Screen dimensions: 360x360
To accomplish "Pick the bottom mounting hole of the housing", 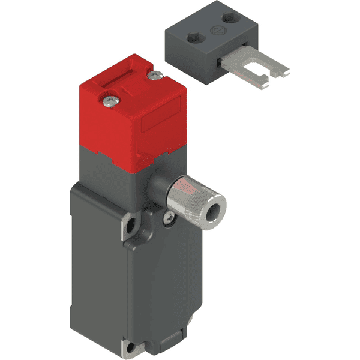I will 132,347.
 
